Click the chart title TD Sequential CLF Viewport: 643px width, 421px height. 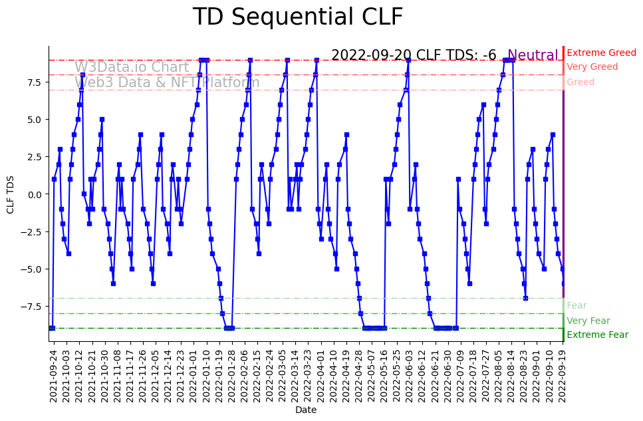click(x=297, y=17)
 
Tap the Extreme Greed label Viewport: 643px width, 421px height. click(x=601, y=53)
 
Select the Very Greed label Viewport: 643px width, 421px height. click(x=592, y=67)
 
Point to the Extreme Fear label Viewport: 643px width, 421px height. click(x=597, y=335)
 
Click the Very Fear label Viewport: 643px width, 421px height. click(x=588, y=321)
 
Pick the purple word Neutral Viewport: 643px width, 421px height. click(x=533, y=55)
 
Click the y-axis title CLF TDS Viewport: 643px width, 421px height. click(x=10, y=194)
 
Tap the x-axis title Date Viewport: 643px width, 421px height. click(x=306, y=410)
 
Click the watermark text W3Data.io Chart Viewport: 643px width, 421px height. click(x=132, y=67)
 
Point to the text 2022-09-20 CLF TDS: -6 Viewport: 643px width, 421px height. click(x=414, y=55)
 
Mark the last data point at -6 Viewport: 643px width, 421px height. click(x=563, y=284)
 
